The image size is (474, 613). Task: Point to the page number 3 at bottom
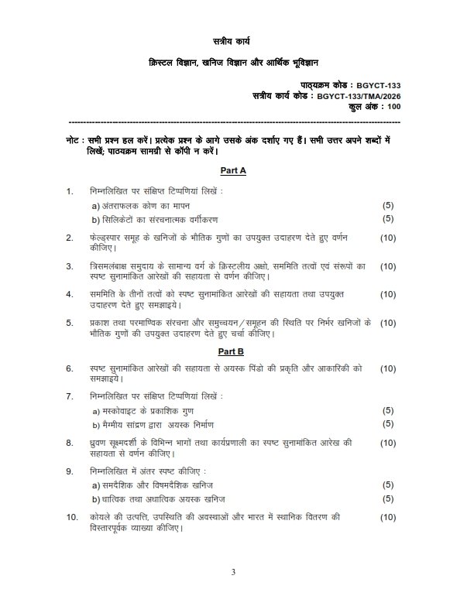(232, 571)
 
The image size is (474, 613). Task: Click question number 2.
(70, 238)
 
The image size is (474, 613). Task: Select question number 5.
(70, 322)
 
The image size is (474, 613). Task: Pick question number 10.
(71, 516)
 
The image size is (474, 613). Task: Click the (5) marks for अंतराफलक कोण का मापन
(389, 205)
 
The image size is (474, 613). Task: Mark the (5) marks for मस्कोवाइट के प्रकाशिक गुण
(389, 410)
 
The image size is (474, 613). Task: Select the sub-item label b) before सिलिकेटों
(97, 219)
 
